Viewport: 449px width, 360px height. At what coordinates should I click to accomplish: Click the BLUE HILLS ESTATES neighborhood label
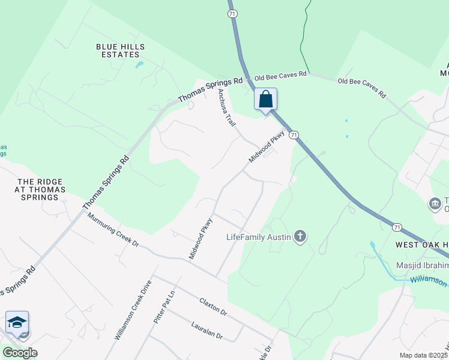pyautogui.click(x=118, y=50)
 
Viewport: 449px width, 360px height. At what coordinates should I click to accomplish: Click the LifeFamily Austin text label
pyautogui.click(x=259, y=236)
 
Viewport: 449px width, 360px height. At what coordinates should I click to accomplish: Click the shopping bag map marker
pyautogui.click(x=266, y=100)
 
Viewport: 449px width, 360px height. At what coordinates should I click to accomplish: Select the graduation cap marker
pyautogui.click(x=17, y=322)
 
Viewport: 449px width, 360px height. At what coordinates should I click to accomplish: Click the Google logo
pyautogui.click(x=19, y=353)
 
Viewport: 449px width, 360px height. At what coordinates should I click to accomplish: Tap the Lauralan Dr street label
pyautogui.click(x=207, y=331)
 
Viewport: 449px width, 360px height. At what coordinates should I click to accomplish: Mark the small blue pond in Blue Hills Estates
pyautogui.click(x=139, y=64)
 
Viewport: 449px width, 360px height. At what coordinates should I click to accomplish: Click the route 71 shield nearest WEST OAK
pyautogui.click(x=397, y=227)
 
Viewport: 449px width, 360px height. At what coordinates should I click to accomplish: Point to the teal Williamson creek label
pyautogui.click(x=429, y=280)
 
